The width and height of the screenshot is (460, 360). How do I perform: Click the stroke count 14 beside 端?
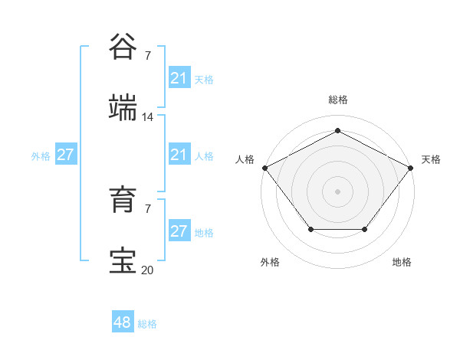(148, 117)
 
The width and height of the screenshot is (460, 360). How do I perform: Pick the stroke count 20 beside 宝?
(148, 270)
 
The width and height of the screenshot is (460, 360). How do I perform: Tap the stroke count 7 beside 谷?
(148, 55)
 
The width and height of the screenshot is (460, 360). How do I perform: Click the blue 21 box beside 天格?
(179, 78)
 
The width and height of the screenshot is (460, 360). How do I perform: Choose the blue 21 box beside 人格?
(179, 155)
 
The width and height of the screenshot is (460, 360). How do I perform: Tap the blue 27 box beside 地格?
(179, 231)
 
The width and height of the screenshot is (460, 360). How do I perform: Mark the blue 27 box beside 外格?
(66, 155)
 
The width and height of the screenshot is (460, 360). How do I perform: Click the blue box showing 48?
(123, 322)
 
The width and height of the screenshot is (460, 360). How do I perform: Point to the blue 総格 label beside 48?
(147, 324)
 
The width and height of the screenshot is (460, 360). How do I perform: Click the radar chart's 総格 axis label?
(337, 100)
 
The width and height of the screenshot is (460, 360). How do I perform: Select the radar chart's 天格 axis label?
(431, 159)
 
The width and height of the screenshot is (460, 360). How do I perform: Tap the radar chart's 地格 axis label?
(402, 262)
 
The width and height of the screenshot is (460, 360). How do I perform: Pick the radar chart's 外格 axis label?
(270, 262)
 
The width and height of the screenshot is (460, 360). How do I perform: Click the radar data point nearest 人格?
(264, 167)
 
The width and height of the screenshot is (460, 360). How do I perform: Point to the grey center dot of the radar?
(337, 191)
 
